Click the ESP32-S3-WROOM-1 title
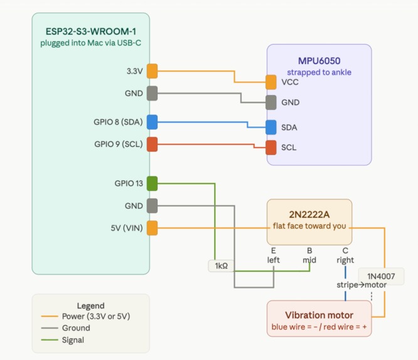click(91, 31)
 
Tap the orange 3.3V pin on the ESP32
click(153, 71)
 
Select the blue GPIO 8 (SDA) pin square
click(153, 122)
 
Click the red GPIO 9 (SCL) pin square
click(153, 144)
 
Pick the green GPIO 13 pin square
click(153, 183)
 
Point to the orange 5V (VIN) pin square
click(153, 228)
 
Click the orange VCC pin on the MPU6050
click(271, 82)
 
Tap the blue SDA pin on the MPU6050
click(271, 127)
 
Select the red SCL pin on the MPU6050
click(271, 147)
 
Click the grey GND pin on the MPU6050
click(271, 102)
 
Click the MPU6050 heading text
click(319, 61)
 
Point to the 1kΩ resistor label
click(222, 266)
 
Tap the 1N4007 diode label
click(381, 276)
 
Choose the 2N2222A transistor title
click(309, 215)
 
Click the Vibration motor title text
click(319, 315)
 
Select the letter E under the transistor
click(273, 251)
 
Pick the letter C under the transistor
click(345, 251)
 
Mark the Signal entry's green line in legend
click(50, 340)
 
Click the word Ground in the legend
click(76, 328)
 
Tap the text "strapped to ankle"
click(319, 72)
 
